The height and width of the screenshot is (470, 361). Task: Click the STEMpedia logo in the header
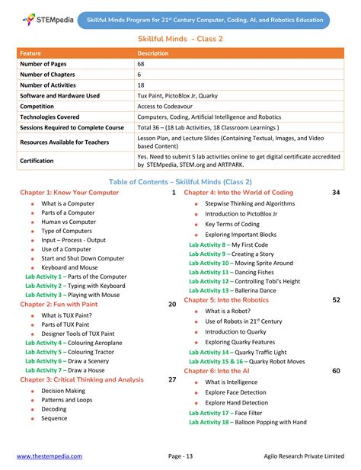[x=46, y=18]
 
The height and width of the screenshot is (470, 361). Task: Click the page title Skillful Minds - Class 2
[x=180, y=38]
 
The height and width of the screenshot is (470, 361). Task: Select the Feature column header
[x=30, y=53]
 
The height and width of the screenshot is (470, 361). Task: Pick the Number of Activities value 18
[x=141, y=85]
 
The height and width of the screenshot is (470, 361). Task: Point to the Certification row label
[x=37, y=161]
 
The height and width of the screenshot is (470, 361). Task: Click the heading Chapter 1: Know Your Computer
[x=69, y=193]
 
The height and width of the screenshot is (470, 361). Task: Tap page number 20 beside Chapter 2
[x=172, y=304]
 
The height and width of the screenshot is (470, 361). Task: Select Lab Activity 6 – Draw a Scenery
[x=67, y=360]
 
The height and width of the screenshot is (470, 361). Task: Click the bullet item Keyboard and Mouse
[x=69, y=267]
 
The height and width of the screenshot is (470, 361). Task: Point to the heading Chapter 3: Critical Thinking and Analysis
[x=81, y=379]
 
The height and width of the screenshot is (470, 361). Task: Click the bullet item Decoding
[x=54, y=408]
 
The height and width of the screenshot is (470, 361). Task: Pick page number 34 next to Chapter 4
[x=336, y=193]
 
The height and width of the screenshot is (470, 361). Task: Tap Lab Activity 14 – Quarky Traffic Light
[x=238, y=353]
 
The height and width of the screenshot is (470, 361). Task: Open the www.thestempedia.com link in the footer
[x=50, y=456]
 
